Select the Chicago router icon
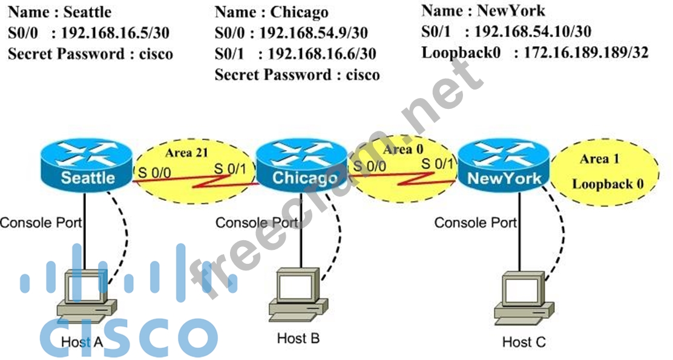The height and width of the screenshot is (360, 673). tap(304, 165)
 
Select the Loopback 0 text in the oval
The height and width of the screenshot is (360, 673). tap(607, 184)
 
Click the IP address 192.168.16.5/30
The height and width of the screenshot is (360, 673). tap(112, 33)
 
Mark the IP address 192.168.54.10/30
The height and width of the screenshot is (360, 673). tap(533, 31)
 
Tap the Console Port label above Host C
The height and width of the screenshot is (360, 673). tap(476, 223)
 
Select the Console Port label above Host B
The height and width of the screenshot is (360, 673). tap(257, 223)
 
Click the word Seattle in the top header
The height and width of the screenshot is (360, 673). tap(88, 11)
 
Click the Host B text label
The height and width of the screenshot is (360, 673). tap(298, 338)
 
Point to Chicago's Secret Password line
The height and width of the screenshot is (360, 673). tap(297, 75)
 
